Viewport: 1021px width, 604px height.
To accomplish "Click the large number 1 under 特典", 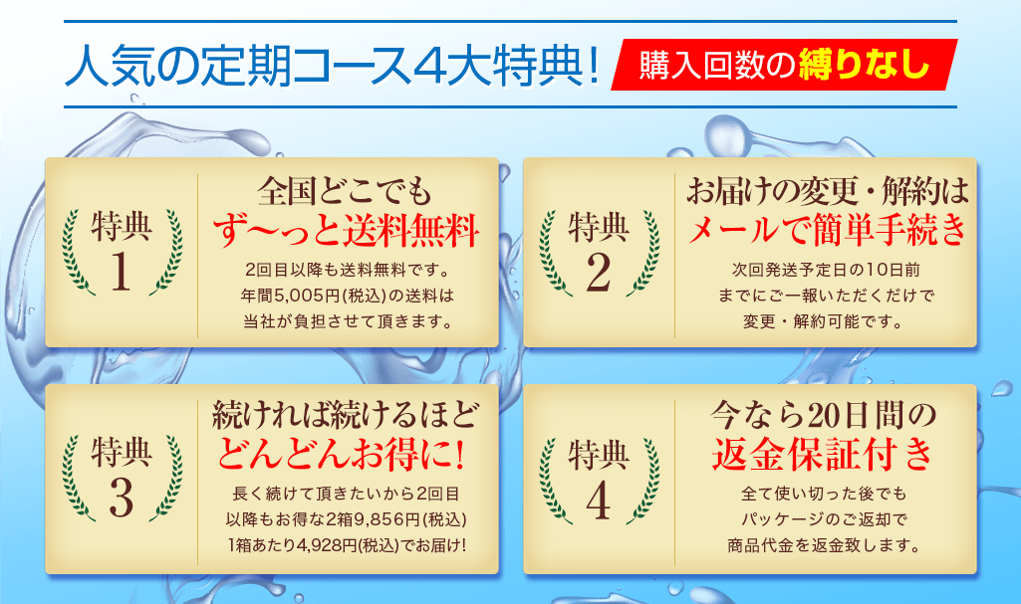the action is click(x=122, y=271).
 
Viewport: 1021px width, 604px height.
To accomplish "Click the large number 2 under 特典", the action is click(x=599, y=271).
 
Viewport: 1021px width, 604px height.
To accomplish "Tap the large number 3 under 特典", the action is click(x=122, y=498).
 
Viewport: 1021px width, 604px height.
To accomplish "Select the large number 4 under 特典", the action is click(x=599, y=500).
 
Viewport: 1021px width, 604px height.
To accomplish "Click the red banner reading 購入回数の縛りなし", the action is click(x=784, y=65).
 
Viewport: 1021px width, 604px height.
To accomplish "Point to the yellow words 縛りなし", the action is click(x=865, y=65).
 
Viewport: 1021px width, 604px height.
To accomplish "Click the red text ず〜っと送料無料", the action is click(x=347, y=230).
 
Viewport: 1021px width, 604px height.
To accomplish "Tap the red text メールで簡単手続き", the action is click(x=828, y=230).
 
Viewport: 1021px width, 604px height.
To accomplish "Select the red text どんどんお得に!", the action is click(x=342, y=454).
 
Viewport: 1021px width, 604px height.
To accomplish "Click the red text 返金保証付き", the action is click(x=823, y=454).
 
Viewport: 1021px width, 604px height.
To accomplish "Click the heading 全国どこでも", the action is click(x=345, y=191).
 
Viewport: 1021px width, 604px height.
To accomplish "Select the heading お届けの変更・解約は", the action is click(x=828, y=191).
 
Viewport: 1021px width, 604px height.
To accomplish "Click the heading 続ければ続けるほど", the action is click(x=346, y=415).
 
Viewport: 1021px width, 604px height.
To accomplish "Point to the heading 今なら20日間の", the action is click(x=823, y=415).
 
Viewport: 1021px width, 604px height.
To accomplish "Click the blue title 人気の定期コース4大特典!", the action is click(x=332, y=65).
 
